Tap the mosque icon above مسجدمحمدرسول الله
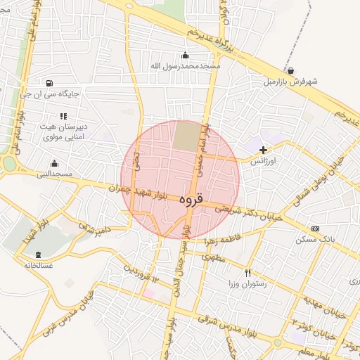click(185, 56)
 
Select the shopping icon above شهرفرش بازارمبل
click(290, 71)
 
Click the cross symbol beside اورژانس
click(264, 150)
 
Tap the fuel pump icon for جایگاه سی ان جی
click(48, 82)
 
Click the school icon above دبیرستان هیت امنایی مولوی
click(63, 116)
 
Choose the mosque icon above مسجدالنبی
click(54, 162)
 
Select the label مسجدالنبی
click(54, 173)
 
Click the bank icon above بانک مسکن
click(314, 229)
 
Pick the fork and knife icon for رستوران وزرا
click(247, 272)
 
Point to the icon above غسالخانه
click(38, 255)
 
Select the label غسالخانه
click(38, 266)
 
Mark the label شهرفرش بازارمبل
click(290, 82)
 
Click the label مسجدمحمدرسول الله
click(186, 66)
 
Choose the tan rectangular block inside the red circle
click(186, 136)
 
